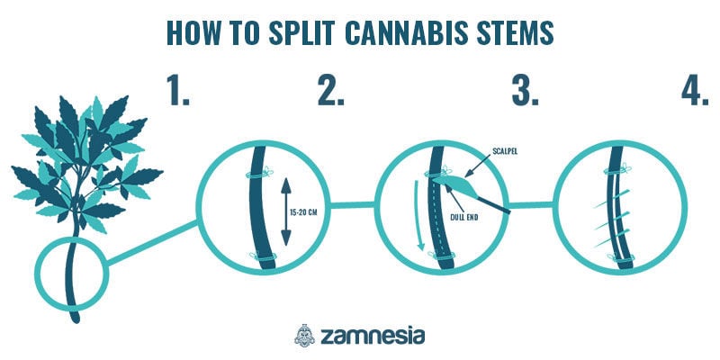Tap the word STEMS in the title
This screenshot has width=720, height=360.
(x=508, y=31)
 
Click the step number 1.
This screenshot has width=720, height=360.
(x=178, y=90)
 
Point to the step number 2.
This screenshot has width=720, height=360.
(x=330, y=90)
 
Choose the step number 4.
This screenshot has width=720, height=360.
(x=693, y=90)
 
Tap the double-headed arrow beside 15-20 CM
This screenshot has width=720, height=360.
(x=286, y=212)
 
